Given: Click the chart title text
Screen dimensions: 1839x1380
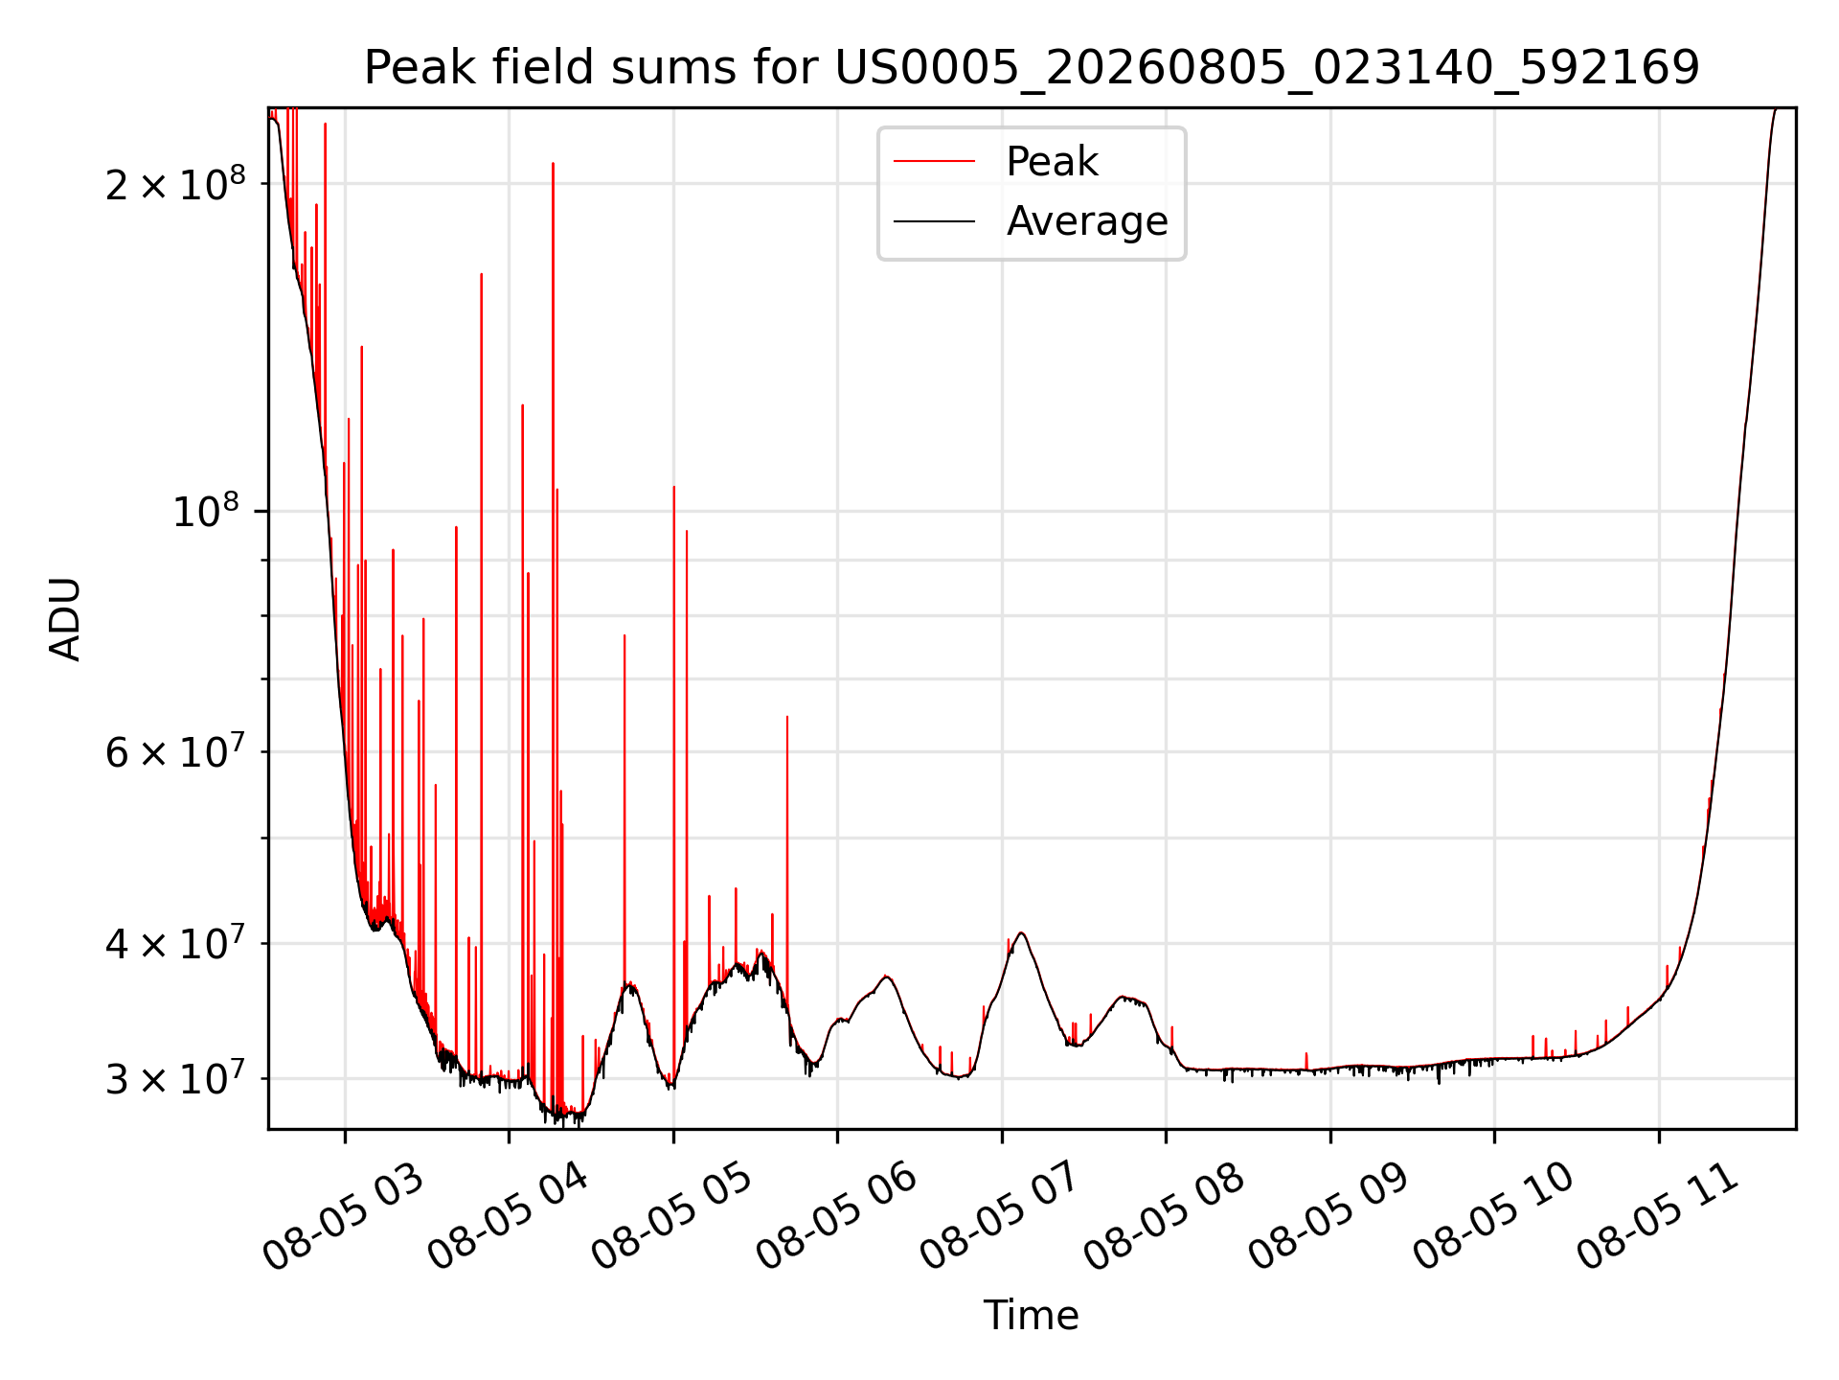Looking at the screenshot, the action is (1032, 68).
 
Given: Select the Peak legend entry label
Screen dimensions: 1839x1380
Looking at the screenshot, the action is (1052, 162).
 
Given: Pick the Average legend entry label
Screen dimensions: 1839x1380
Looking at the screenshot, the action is (1087, 221).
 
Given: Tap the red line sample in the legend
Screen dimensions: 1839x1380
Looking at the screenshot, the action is (934, 162).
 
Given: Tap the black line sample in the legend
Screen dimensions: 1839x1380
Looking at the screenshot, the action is (934, 221).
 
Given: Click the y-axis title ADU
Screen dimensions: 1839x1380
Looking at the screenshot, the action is (65, 619).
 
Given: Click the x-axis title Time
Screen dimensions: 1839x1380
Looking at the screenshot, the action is (1032, 1316).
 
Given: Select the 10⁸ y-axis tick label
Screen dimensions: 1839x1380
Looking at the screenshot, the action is (208, 511).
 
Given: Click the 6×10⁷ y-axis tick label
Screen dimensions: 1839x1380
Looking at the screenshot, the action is (174, 751).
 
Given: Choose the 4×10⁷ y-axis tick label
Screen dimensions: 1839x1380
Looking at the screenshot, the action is (174, 943).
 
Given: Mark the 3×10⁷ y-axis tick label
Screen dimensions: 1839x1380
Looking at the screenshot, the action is (174, 1078).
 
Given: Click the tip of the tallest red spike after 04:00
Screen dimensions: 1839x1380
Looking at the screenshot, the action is (553, 164).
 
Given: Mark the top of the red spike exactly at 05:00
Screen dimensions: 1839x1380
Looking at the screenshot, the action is (673, 487).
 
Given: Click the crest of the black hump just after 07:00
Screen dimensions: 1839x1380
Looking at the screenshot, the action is (1022, 932).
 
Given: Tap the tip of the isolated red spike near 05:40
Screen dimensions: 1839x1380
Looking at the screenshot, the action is (787, 717).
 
